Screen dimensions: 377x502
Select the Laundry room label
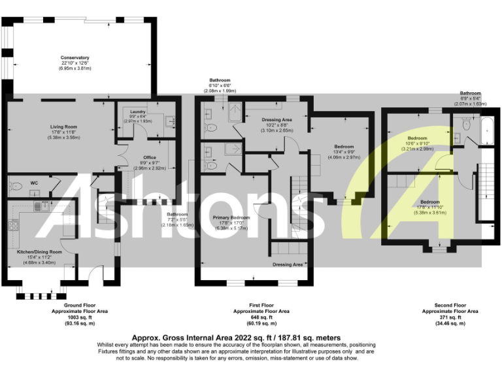(x=137, y=112)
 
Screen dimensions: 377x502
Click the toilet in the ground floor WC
(x=18, y=187)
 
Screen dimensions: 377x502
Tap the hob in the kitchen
(x=13, y=226)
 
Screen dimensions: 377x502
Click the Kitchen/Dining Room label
(x=39, y=251)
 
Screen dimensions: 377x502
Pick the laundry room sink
(x=171, y=120)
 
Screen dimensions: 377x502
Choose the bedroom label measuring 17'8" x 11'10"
(x=429, y=202)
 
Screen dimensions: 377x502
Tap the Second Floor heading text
(x=451, y=306)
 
